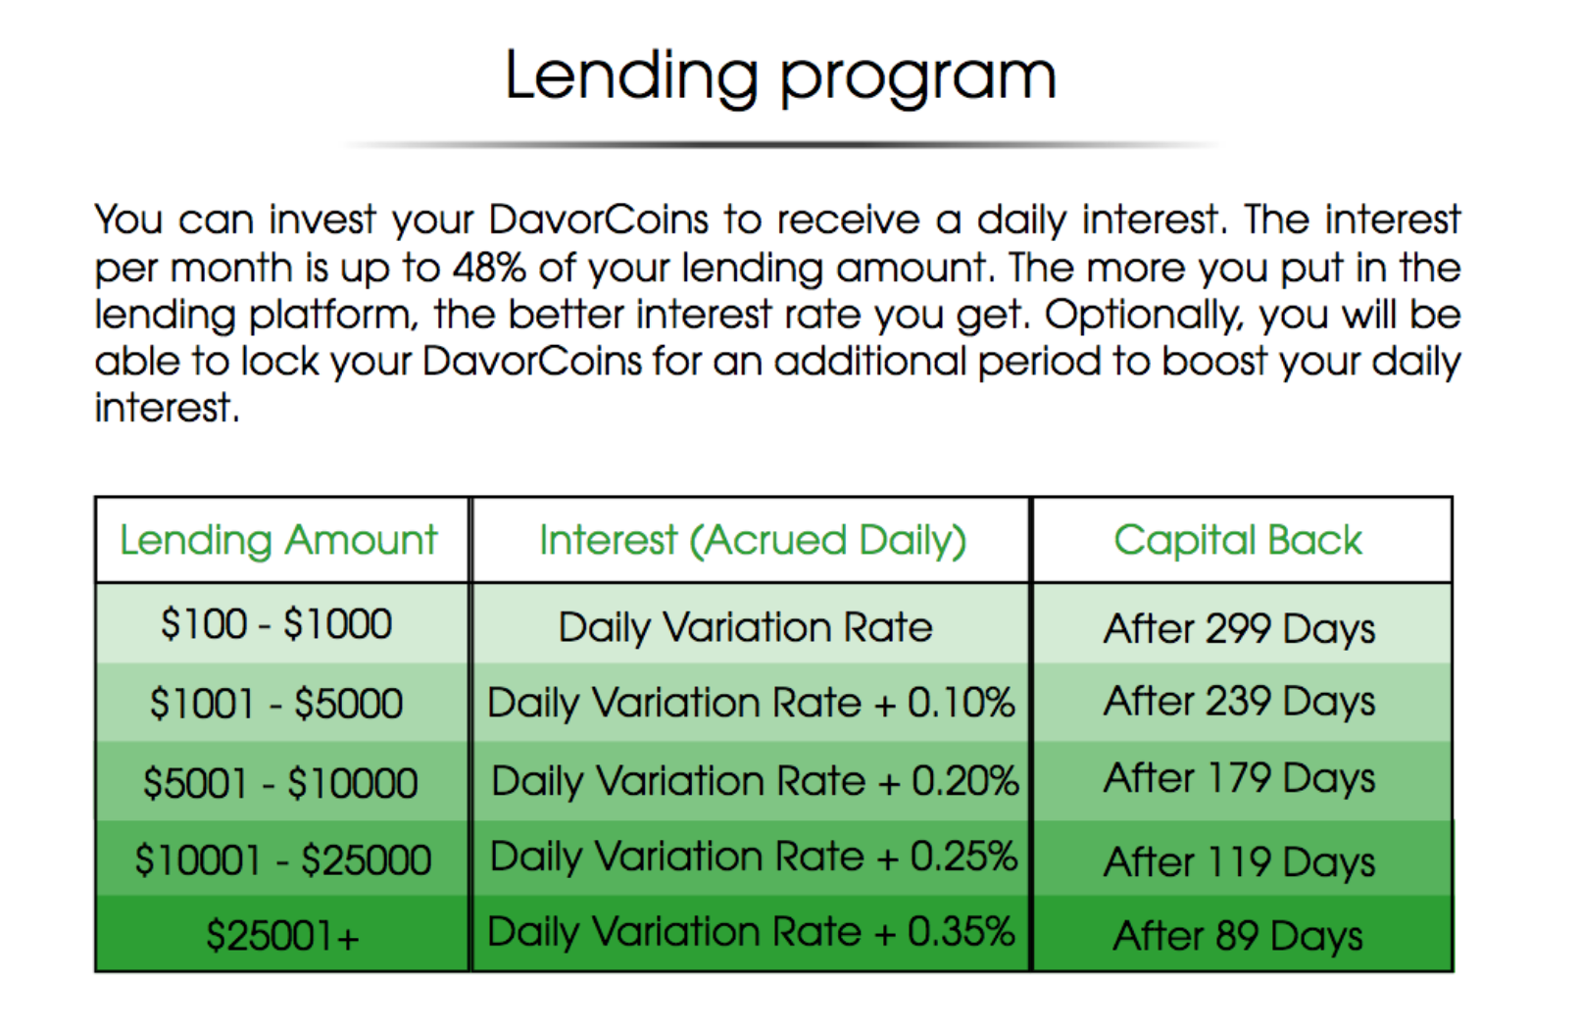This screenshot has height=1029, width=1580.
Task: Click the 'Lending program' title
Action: coord(780,77)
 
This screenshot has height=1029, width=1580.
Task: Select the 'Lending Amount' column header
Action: coord(278,541)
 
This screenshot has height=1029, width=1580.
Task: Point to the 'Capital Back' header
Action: coord(1238,541)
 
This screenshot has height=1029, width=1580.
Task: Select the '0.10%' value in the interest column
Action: coord(961,703)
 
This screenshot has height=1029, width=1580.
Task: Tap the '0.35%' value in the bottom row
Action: coord(961,931)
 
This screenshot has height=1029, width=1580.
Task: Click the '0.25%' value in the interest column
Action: coord(963,857)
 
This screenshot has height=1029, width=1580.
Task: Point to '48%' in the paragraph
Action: coord(489,268)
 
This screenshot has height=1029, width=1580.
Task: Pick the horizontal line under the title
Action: coord(780,145)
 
